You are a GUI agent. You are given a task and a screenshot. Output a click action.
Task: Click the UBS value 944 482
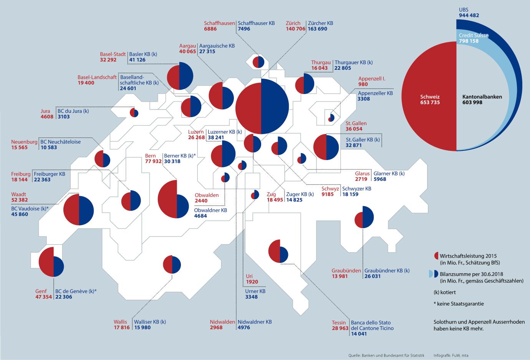(x=469, y=15)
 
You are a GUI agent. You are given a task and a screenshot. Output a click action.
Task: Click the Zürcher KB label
(x=320, y=23)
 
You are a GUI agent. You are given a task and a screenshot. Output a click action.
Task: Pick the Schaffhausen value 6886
(x=211, y=29)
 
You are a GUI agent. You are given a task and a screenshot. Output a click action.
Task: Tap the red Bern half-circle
(x=167, y=199)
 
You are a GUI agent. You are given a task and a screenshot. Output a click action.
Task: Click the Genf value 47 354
(x=44, y=297)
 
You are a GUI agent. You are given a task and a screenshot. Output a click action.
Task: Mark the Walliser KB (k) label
(x=149, y=322)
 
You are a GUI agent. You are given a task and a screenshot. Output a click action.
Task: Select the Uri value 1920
(x=252, y=282)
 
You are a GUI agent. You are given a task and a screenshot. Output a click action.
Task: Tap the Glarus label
(x=363, y=173)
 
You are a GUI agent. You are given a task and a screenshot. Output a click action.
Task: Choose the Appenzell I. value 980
(x=363, y=84)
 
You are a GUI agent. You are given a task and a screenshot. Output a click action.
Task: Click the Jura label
(x=45, y=111)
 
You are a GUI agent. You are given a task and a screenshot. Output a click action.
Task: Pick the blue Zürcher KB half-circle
(x=275, y=106)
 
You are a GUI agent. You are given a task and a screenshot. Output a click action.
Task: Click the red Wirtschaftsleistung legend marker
(x=436, y=256)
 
